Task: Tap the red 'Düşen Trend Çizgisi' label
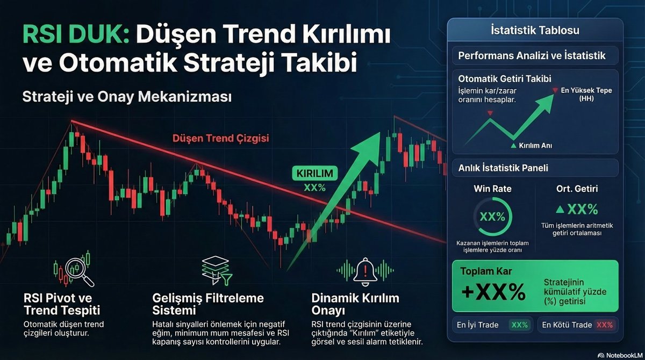click(220, 139)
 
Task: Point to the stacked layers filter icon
click(214, 270)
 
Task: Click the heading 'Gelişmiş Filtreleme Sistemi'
click(200, 304)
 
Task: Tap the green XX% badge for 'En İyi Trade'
click(519, 325)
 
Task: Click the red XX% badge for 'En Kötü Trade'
click(604, 325)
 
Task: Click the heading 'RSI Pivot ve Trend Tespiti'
click(62, 304)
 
